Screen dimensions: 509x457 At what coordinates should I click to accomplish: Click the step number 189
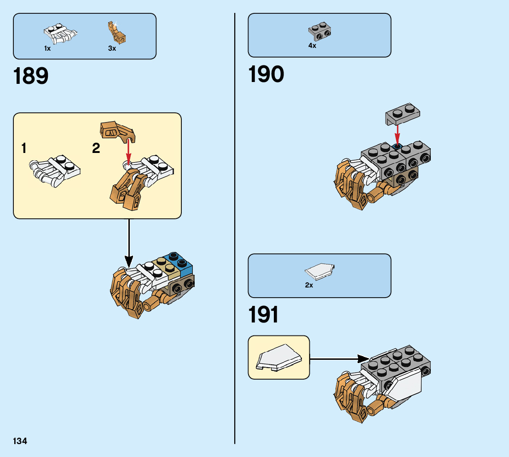[31, 76]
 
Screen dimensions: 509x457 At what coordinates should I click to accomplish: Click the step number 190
[266, 74]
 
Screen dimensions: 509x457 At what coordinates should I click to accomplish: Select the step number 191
[263, 315]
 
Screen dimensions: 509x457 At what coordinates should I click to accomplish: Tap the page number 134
[20, 441]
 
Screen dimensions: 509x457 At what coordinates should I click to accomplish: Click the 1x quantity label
[47, 48]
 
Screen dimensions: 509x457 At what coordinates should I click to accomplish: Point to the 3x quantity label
[112, 48]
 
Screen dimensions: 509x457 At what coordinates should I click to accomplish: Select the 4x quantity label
[312, 46]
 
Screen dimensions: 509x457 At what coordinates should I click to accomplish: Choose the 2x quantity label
[309, 285]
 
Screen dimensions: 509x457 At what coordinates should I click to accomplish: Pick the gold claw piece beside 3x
[116, 32]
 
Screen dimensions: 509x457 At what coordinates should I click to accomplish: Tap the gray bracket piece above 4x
[320, 31]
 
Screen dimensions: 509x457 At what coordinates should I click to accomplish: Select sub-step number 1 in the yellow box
[23, 148]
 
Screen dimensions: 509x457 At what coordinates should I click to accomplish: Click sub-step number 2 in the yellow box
[96, 148]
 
